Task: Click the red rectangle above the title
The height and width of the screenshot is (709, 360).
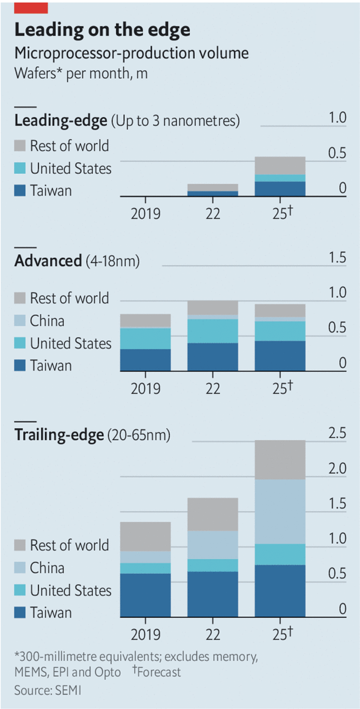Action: (x=31, y=8)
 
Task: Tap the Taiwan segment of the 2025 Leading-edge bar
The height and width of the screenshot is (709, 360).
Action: (x=280, y=188)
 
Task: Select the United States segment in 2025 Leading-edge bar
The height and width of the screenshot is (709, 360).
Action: (x=280, y=178)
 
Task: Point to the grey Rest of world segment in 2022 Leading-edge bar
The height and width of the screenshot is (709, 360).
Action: (x=212, y=187)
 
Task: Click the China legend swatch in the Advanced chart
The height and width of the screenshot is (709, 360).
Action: (x=20, y=321)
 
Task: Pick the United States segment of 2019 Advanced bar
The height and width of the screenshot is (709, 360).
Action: (x=145, y=338)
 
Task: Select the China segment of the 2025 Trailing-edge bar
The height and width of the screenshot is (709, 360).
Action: (x=280, y=511)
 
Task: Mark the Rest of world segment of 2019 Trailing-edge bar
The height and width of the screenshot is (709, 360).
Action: (x=145, y=537)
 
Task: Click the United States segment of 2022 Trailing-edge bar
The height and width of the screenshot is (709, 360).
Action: (x=212, y=565)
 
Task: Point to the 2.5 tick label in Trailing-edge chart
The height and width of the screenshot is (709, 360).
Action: (x=337, y=433)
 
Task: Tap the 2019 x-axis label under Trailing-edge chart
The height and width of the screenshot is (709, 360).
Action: (x=145, y=635)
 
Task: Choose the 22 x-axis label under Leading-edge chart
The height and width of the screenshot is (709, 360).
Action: (x=212, y=214)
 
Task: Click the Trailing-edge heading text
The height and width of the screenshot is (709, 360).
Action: (x=59, y=435)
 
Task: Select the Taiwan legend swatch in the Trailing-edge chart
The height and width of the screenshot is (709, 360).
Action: (x=20, y=613)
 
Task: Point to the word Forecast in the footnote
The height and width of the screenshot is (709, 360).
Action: (x=159, y=672)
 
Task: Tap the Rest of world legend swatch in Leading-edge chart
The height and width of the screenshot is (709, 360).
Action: (x=20, y=146)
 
